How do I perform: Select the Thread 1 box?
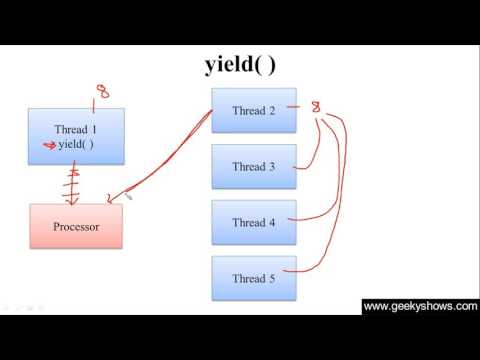pyautogui.click(x=76, y=137)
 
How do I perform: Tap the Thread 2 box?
pyautogui.click(x=255, y=111)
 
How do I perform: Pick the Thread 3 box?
pyautogui.click(x=255, y=167)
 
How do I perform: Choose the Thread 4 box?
pyautogui.click(x=255, y=222)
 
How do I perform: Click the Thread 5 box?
pyautogui.click(x=255, y=278)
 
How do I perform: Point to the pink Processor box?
pyautogui.click(x=76, y=227)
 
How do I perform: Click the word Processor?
pyautogui.click(x=76, y=227)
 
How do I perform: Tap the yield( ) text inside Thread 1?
pyautogui.click(x=76, y=145)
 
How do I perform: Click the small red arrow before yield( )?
pyautogui.click(x=46, y=145)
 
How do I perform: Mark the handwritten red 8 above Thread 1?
pyautogui.click(x=101, y=92)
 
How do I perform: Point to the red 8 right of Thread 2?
pyautogui.click(x=317, y=105)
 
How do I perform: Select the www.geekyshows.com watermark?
pyautogui.click(x=419, y=307)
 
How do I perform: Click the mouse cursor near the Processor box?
pyautogui.click(x=129, y=198)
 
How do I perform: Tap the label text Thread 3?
pyautogui.click(x=254, y=167)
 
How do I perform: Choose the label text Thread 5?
pyautogui.click(x=254, y=278)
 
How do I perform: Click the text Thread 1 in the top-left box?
pyautogui.click(x=76, y=129)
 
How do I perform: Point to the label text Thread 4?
pyautogui.click(x=254, y=222)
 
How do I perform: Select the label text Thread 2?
pyautogui.click(x=254, y=111)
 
